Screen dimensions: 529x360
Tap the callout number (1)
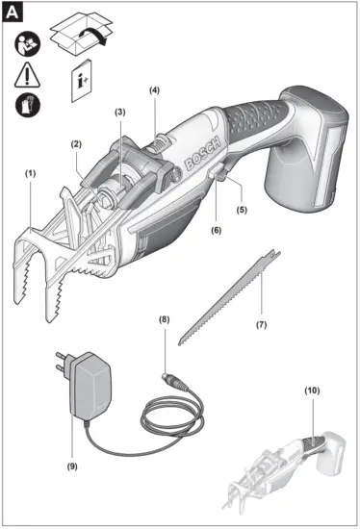coord(30,173)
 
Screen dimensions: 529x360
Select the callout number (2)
coord(74,145)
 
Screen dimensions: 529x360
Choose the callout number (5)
coord(243,209)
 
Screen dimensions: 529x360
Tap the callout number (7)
coord(260,325)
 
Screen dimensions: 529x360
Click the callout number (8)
coord(164,317)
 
